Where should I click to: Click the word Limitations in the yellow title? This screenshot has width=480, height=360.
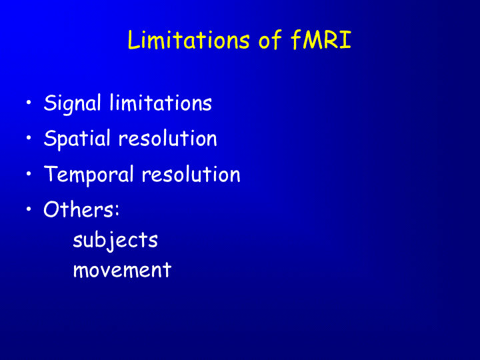coord(189,40)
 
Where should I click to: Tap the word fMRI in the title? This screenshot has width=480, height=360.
coord(321,40)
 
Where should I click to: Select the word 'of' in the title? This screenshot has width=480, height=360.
coord(270,40)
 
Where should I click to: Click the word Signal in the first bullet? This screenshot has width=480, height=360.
coord(72,103)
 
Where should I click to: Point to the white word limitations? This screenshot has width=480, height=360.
coord(161,103)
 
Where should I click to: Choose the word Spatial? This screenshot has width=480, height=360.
coord(77,139)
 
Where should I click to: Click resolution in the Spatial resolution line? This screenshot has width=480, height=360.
coord(168,139)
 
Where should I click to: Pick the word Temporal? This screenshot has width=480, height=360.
coord(89,175)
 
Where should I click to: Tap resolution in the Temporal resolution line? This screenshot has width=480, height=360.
coord(191,174)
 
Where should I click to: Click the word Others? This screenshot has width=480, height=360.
coord(79,209)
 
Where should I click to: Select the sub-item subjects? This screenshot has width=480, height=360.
coord(115,241)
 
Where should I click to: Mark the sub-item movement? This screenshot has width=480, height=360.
coord(122,270)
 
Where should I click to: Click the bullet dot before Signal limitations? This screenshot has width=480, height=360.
coord(29,102)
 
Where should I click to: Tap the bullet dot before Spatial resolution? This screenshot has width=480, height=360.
coord(29,138)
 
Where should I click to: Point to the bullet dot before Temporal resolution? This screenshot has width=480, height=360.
coord(29,173)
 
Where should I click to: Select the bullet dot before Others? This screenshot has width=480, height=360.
coord(29,209)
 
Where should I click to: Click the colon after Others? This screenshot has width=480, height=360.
coord(117,211)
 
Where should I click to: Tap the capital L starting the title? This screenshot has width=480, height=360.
coord(133,40)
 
